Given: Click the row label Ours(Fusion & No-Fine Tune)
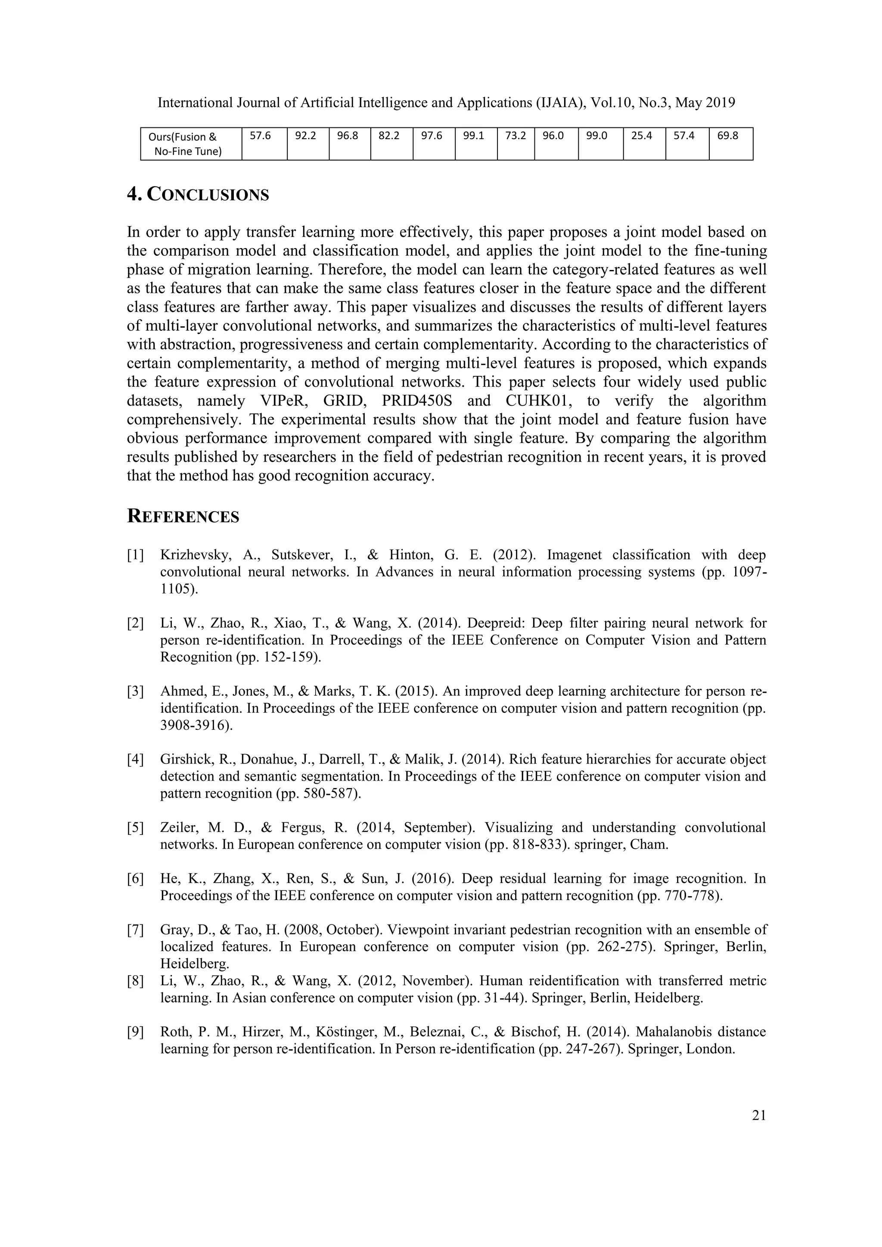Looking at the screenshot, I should pyautogui.click(x=185, y=144).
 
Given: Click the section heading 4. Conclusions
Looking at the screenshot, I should pyautogui.click(x=198, y=195).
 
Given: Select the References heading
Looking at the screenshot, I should pyautogui.click(x=183, y=517).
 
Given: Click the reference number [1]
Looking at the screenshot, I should pyautogui.click(x=135, y=555).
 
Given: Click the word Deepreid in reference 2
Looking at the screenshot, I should pyautogui.click(x=491, y=623).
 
